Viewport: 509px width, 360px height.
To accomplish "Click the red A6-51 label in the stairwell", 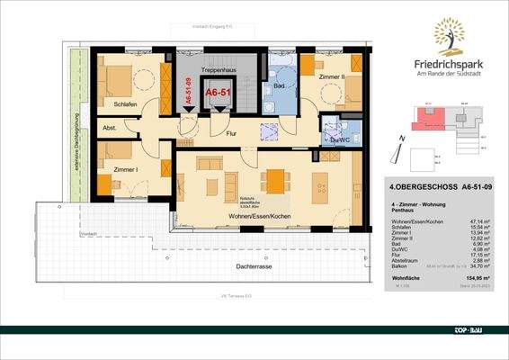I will [218, 92].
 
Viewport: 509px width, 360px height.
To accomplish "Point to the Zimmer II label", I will [334, 78].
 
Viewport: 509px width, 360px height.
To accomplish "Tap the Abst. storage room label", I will [109, 128].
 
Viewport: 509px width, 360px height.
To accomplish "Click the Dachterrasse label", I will [229, 266].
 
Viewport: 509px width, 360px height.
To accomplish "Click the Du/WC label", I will [340, 139].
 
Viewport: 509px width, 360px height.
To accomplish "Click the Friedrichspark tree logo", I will [451, 37].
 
